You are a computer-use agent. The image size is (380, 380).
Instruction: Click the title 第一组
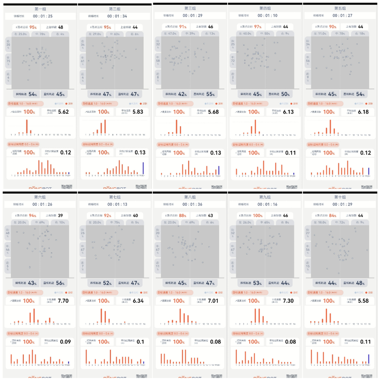click(x=40, y=8)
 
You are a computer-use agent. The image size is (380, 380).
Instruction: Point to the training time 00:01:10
click(x=265, y=16)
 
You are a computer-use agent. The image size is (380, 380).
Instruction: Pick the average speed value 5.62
click(x=63, y=112)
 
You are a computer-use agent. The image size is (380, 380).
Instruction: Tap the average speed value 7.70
click(x=62, y=301)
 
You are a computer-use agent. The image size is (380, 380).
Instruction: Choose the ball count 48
click(x=60, y=27)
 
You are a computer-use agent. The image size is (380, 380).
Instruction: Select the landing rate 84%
click(x=333, y=215)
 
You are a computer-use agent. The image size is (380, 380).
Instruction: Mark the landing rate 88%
click(x=183, y=215)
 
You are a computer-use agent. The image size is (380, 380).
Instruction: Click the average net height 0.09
click(x=65, y=342)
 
